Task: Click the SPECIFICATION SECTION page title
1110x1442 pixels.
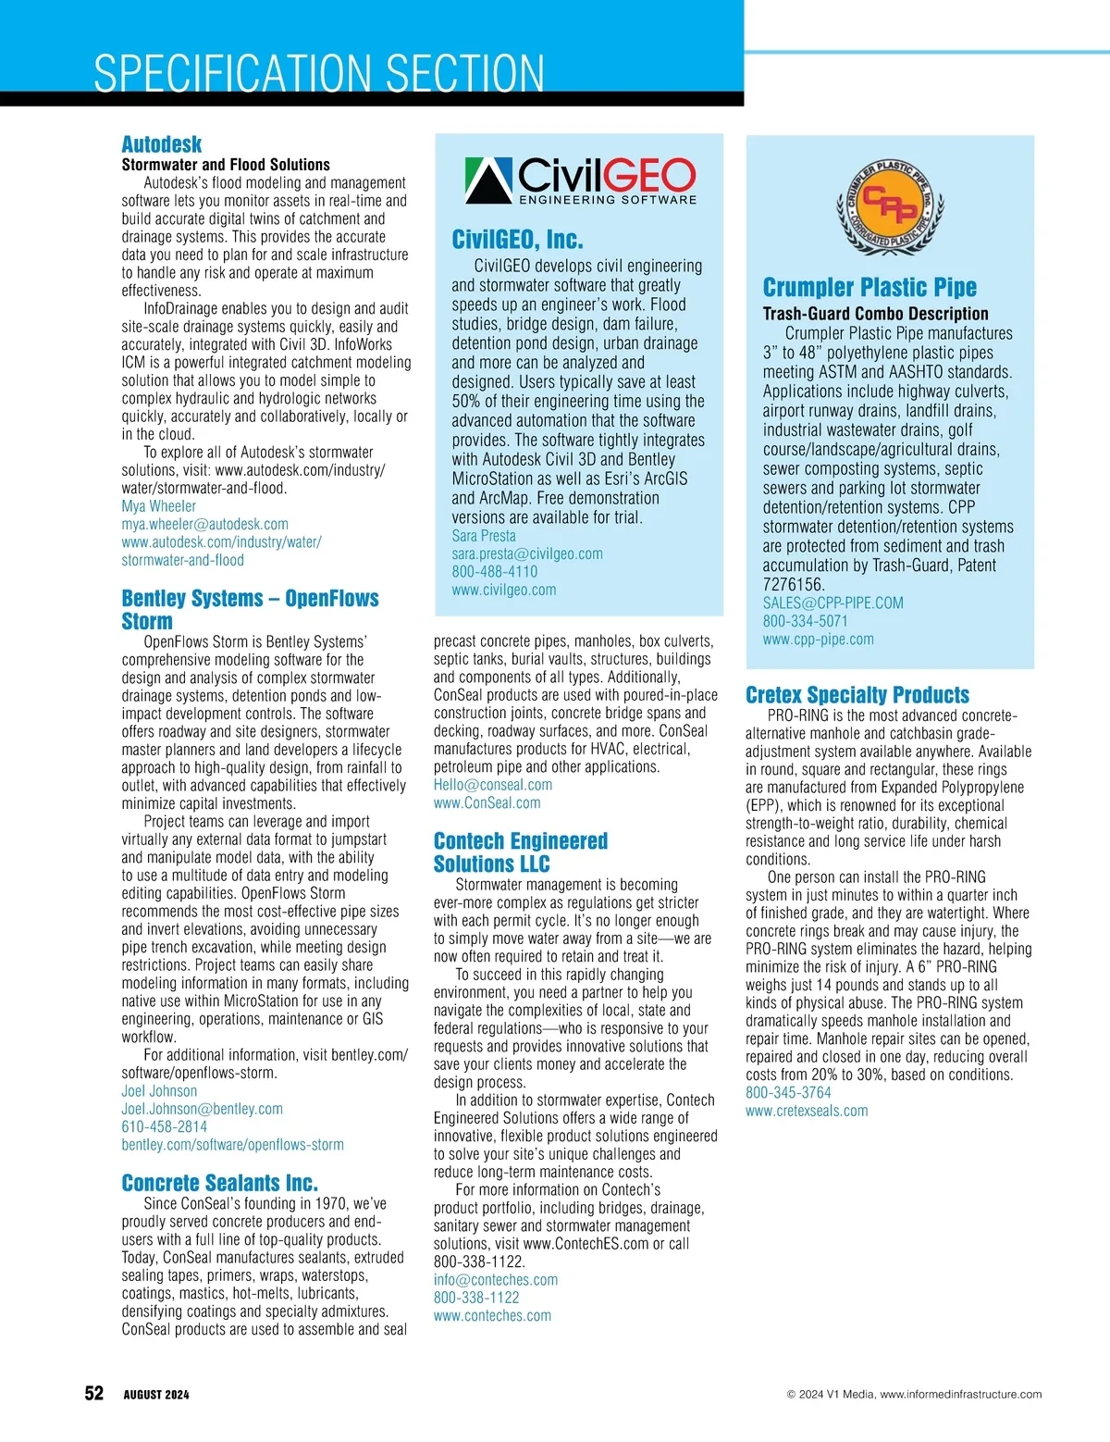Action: (x=319, y=73)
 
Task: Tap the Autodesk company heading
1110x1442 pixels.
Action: (x=162, y=144)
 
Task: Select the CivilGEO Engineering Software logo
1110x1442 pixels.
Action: (x=580, y=180)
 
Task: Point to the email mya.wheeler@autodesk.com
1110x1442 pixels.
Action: (x=204, y=524)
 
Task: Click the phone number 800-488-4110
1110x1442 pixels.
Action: (x=494, y=572)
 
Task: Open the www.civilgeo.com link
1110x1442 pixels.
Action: (x=504, y=590)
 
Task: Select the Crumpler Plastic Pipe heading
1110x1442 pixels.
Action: (x=869, y=287)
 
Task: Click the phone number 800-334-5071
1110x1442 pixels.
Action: (x=805, y=621)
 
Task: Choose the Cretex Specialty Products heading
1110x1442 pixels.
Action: (x=857, y=695)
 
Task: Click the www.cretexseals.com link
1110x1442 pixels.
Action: (x=807, y=1111)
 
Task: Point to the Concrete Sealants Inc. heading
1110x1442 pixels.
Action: (x=219, y=1183)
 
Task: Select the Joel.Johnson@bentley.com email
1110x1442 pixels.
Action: (x=202, y=1109)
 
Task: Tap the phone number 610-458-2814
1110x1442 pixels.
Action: (x=165, y=1126)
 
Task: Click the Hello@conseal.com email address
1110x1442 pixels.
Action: (x=493, y=785)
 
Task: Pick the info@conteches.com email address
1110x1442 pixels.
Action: (x=496, y=1280)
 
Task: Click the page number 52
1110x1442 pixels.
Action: (x=94, y=1394)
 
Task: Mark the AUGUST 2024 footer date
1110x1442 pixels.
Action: (x=156, y=1395)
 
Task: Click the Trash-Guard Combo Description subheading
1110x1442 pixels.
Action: (x=875, y=314)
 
